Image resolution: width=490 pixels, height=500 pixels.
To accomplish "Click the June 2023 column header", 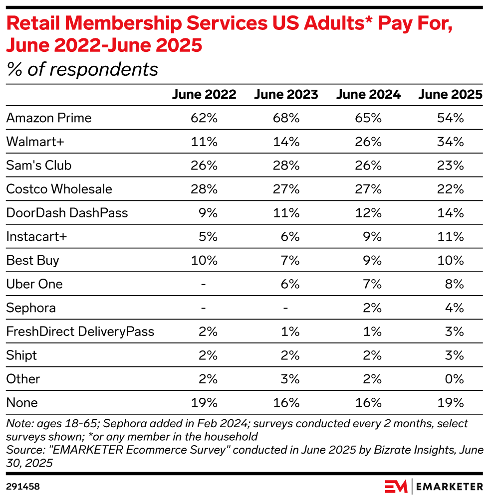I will coord(286,95).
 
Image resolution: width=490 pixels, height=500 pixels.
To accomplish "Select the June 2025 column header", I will coord(451,95).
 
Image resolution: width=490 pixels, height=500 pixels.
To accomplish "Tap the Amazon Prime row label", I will coord(49,118).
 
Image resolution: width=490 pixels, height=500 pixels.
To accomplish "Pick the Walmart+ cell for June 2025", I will coord(454,142).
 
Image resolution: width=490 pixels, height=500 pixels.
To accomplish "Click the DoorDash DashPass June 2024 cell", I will coord(372,213).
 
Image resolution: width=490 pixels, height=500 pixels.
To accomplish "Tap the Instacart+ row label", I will coord(36,237).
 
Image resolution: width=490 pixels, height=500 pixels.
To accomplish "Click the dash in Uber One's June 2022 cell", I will coord(204,284).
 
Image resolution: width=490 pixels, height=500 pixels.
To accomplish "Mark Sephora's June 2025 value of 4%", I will coord(457,308).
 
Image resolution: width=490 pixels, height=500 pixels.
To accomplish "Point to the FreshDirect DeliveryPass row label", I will coord(80,332).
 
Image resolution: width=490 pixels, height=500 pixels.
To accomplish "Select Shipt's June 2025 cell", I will coord(457,355).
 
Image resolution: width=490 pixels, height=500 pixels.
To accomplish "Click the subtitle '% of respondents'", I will coord(82,69).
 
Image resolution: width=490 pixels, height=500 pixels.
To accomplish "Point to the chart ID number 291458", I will coord(23,486).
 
